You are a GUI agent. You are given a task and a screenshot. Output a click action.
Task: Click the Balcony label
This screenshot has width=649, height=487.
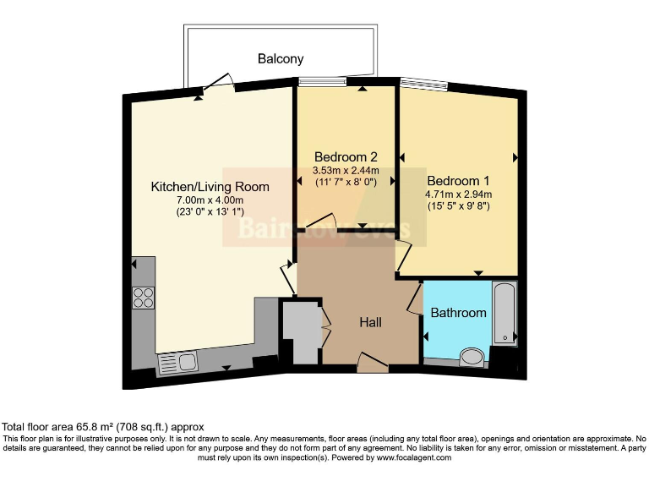(281, 59)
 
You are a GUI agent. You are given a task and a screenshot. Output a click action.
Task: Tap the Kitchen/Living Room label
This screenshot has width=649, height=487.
(210, 187)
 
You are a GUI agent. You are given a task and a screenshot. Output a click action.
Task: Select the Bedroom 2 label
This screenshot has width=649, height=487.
(346, 156)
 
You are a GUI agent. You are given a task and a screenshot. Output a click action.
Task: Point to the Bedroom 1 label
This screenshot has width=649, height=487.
(458, 181)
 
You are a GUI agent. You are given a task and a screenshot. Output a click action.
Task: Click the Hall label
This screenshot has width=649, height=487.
(371, 323)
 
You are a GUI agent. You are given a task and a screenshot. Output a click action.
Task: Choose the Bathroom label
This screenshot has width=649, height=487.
(459, 313)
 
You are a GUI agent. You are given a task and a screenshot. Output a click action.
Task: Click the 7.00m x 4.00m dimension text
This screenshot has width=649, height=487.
(210, 200)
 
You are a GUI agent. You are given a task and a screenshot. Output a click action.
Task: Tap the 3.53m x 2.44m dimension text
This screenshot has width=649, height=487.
(346, 169)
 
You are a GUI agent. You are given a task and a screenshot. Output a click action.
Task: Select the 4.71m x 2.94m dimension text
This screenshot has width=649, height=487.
(458, 194)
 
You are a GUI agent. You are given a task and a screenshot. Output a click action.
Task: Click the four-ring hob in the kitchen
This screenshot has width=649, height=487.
(143, 298)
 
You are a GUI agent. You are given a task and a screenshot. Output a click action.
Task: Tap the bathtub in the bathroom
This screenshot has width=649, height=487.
(504, 314)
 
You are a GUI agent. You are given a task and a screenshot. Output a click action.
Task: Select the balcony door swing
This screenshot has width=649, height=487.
(218, 82)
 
